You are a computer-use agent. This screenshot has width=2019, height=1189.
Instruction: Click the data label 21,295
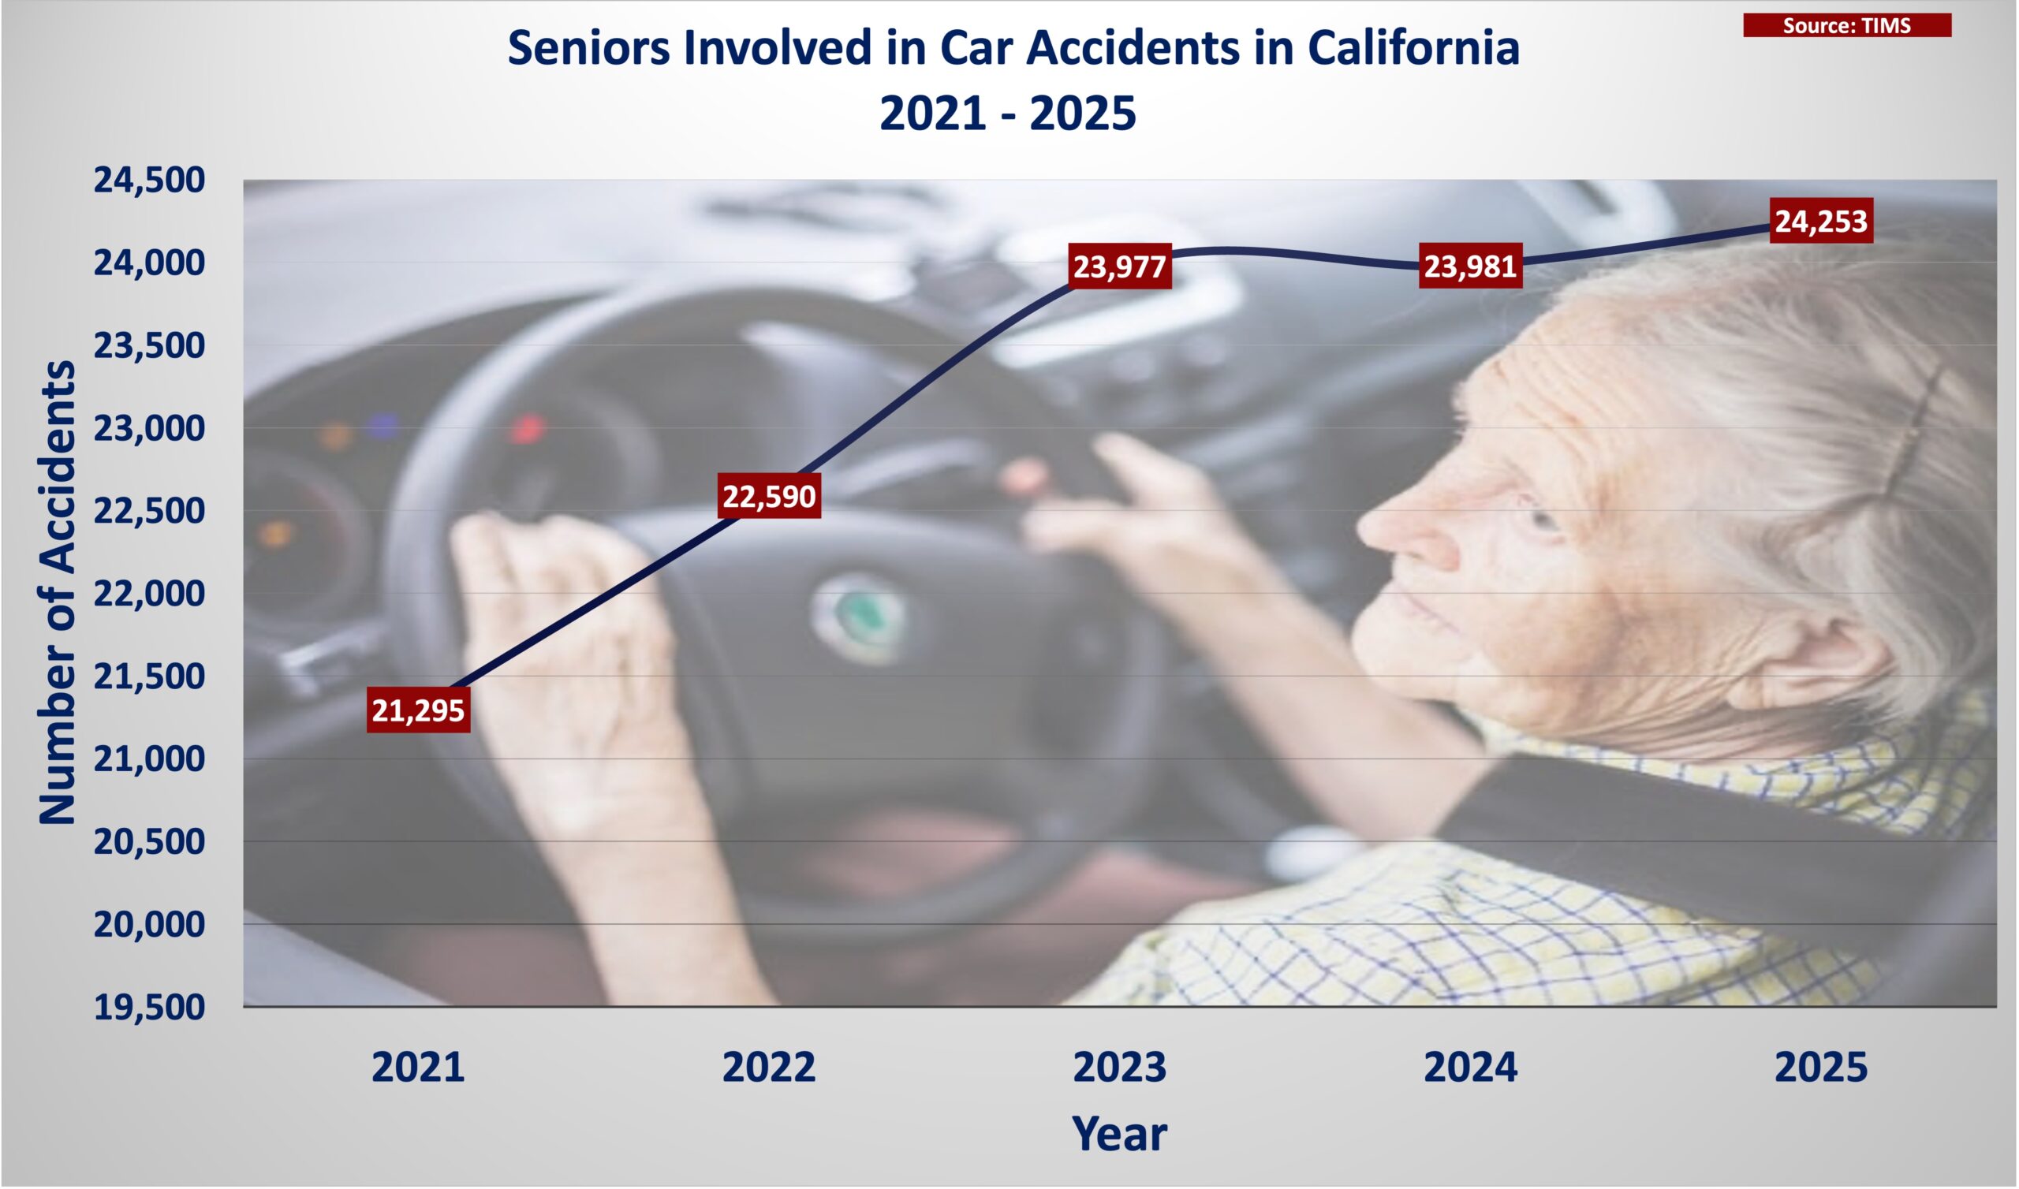coord(418,710)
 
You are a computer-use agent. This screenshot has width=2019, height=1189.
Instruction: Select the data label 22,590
coord(769,496)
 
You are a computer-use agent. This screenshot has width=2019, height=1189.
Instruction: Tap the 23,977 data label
coord(1119,266)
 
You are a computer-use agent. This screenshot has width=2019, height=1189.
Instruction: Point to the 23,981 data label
coord(1470,265)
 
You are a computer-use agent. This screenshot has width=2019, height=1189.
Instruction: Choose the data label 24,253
coord(1821,220)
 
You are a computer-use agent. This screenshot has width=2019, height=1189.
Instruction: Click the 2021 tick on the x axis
coord(418,1068)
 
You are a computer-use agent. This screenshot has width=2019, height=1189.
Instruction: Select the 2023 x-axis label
coord(1119,1068)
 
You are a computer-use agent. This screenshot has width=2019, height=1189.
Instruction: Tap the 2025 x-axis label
coord(1821,1068)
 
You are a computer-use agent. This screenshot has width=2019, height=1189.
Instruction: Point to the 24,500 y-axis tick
coord(150,181)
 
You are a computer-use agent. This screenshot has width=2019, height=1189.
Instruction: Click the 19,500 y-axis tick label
coord(150,1007)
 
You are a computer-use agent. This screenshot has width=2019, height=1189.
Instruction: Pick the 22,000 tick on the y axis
coord(150,594)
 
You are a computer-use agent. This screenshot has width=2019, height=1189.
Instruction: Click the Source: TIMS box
coord(1847,25)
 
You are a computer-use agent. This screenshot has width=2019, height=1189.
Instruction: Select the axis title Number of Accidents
coord(57,592)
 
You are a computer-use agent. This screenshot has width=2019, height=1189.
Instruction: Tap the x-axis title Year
coord(1119,1134)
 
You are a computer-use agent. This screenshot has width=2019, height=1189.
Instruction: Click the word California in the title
coord(1413,47)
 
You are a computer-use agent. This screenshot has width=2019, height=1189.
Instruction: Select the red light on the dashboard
coord(526,430)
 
